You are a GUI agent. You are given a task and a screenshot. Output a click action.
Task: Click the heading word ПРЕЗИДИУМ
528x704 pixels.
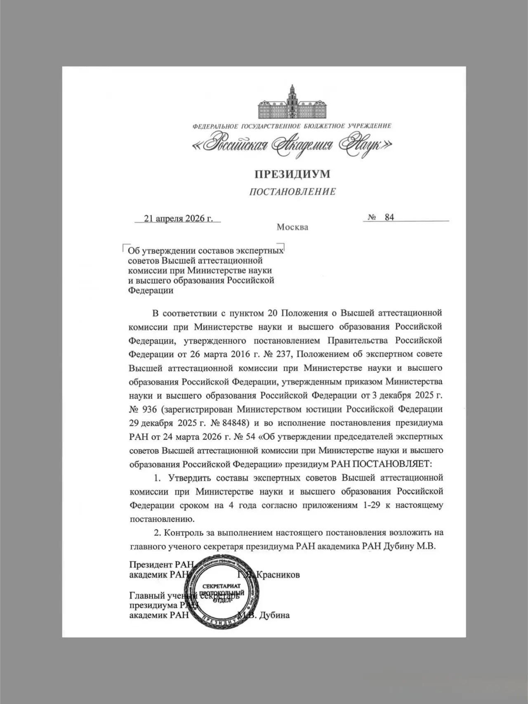tap(292, 174)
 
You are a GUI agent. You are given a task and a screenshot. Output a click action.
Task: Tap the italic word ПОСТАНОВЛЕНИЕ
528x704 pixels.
tap(292, 192)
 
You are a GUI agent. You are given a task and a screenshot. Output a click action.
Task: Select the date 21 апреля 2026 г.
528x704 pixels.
tap(178, 218)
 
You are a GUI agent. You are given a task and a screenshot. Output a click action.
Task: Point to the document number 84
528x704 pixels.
tap(389, 217)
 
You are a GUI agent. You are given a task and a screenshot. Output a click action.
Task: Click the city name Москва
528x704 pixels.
tap(292, 227)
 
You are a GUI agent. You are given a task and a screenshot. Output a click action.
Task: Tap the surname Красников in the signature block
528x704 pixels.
tap(278, 575)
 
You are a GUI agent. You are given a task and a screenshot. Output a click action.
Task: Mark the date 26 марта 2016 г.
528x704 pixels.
tap(224, 354)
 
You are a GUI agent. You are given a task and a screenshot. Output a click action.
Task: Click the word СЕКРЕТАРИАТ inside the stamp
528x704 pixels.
tap(222, 586)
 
